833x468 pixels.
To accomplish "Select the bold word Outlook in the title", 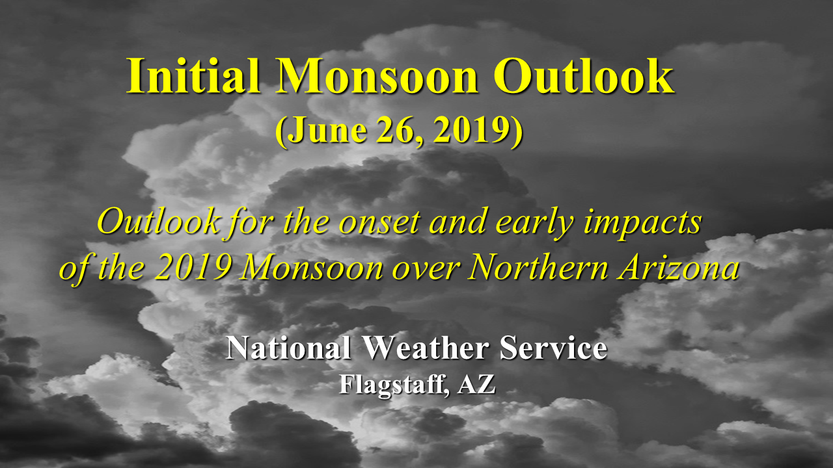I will [x=584, y=77].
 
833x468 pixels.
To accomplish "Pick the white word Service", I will [x=553, y=348].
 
